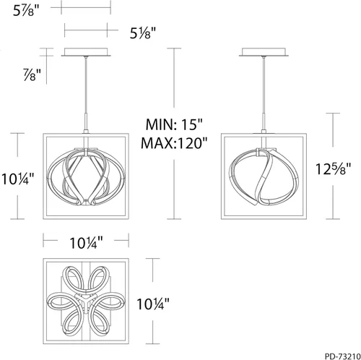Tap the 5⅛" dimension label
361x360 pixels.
(x=144, y=34)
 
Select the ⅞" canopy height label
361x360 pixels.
(x=31, y=74)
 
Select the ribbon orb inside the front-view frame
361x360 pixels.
(x=86, y=176)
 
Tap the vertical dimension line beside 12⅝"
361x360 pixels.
(x=334, y=130)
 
